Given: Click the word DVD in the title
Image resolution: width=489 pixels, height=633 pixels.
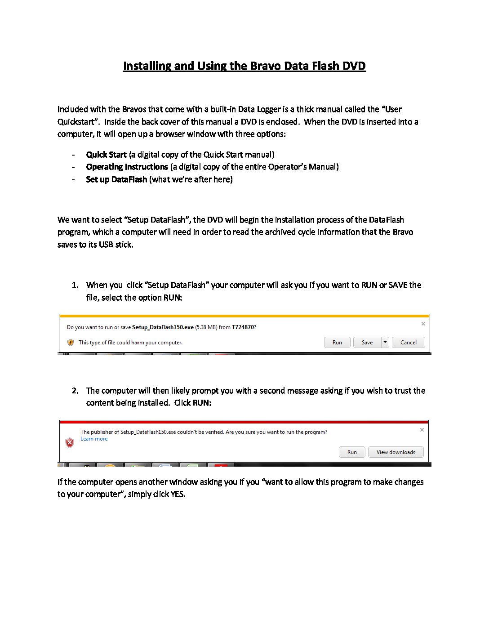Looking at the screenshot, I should click(x=354, y=66).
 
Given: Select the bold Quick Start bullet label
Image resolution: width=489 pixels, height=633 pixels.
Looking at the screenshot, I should click(x=106, y=155).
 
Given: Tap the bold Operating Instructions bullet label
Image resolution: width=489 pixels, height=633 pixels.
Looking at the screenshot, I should click(x=127, y=167).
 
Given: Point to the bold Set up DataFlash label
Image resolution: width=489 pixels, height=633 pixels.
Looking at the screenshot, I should click(x=116, y=179).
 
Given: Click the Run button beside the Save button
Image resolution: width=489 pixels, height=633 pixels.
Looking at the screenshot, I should click(x=337, y=343).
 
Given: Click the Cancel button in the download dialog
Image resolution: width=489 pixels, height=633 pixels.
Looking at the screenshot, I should click(x=408, y=343).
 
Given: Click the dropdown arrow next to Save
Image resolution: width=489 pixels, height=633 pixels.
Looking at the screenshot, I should click(x=385, y=343).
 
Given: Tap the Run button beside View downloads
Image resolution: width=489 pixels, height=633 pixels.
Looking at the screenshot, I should click(x=352, y=452).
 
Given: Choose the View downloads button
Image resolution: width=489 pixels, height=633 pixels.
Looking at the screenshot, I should click(x=396, y=452).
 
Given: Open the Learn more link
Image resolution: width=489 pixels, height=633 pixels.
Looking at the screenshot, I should click(x=94, y=439).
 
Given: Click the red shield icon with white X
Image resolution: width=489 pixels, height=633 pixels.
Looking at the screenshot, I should click(x=70, y=443).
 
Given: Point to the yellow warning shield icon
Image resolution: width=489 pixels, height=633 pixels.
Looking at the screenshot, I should click(x=71, y=343).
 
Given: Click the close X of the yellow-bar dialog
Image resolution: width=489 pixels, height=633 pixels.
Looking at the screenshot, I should click(x=423, y=324).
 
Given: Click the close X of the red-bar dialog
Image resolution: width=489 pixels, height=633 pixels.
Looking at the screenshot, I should click(x=422, y=430).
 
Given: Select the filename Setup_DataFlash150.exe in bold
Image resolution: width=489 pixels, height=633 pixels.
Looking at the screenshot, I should click(x=163, y=327).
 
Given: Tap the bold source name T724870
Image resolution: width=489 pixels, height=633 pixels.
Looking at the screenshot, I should click(x=243, y=327).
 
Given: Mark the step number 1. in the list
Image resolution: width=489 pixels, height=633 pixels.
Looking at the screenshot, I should click(x=75, y=285).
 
